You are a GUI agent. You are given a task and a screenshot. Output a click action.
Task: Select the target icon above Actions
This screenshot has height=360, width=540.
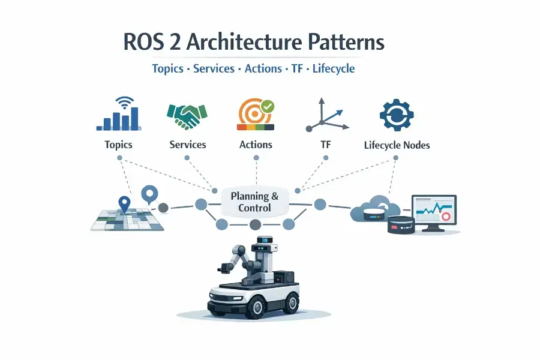point(253,112)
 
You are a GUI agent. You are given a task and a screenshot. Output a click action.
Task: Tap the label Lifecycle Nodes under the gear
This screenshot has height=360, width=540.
point(397,145)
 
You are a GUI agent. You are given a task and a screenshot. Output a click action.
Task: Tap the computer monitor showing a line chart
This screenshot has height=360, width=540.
point(433,212)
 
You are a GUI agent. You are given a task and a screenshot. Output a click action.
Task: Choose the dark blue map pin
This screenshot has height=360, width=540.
point(124,204)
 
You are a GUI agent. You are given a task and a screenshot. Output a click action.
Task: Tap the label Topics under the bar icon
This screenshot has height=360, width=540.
point(118,145)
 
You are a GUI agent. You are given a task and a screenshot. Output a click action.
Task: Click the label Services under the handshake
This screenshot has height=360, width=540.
point(188,145)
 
